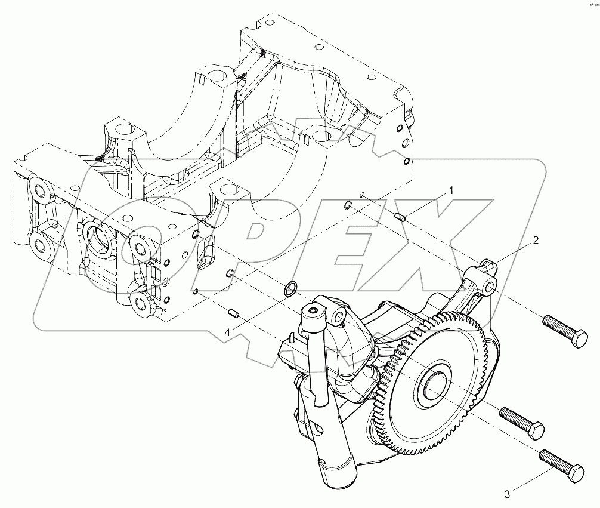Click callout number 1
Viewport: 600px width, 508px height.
pos(451,191)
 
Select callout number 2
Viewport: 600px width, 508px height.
pos(536,241)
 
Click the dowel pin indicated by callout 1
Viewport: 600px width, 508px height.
pos(400,217)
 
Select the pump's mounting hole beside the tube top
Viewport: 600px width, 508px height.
pos(339,315)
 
